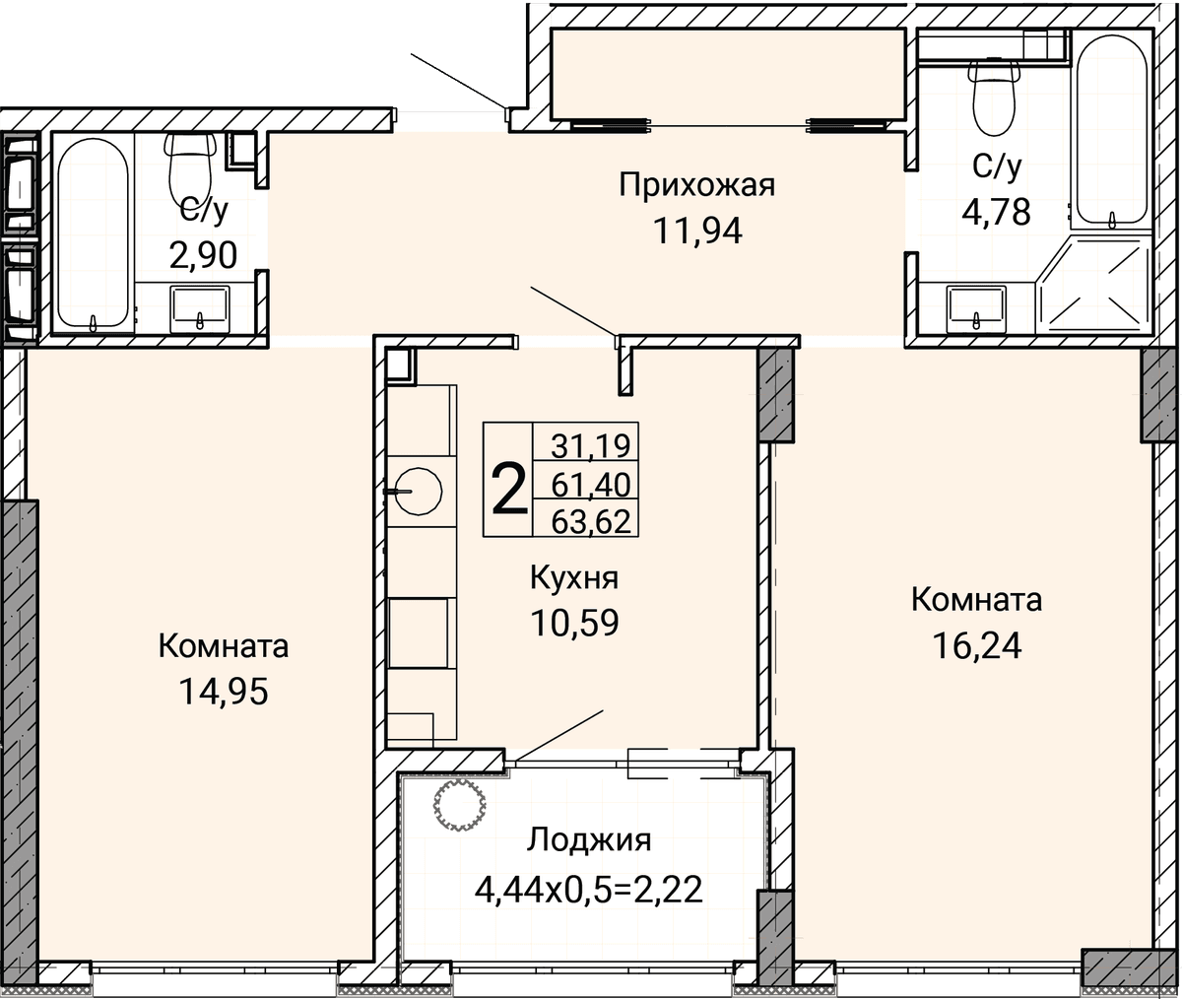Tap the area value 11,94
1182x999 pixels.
[697, 232]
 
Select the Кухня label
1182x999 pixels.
[574, 578]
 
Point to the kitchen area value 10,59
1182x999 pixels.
[574, 623]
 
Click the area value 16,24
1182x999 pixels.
[977, 645]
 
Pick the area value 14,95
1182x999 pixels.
[223, 691]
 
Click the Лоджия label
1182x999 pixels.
[589, 841]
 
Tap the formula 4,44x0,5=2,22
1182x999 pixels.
[589, 890]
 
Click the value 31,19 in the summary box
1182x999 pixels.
[590, 445]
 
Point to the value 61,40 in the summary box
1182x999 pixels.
[590, 485]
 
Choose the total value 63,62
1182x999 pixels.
[590, 521]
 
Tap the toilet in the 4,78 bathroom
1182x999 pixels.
[995, 97]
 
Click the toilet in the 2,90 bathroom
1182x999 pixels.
[190, 169]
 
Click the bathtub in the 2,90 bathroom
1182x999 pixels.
[93, 232]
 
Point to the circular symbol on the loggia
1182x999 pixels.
[460, 806]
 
